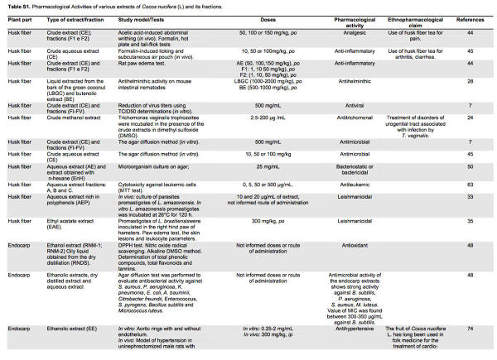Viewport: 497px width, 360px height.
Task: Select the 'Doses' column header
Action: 264,17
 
